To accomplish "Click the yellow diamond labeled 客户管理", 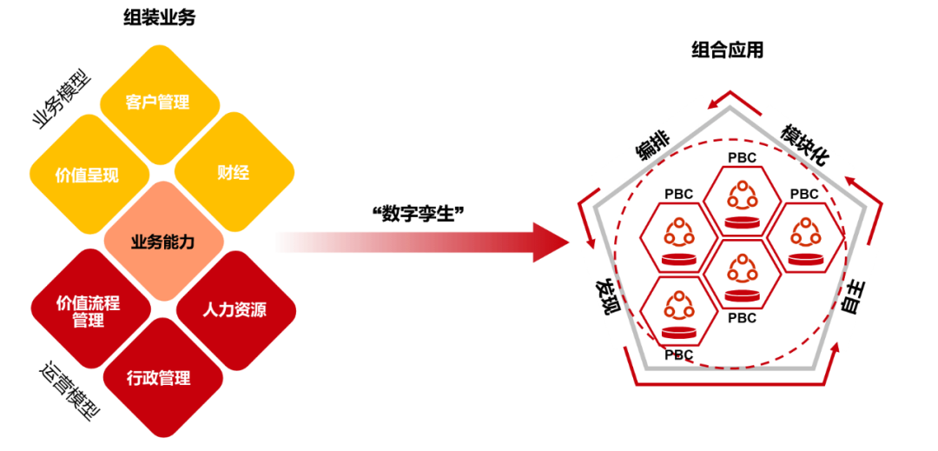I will (157, 103).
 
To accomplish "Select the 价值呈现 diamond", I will (87, 175).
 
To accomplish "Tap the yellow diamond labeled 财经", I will (233, 172).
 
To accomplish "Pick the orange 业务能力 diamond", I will (163, 242).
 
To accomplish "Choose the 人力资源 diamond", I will (234, 309).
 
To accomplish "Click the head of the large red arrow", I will (552, 242).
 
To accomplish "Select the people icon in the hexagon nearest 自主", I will (803, 232).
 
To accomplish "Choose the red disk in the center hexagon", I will (741, 295).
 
